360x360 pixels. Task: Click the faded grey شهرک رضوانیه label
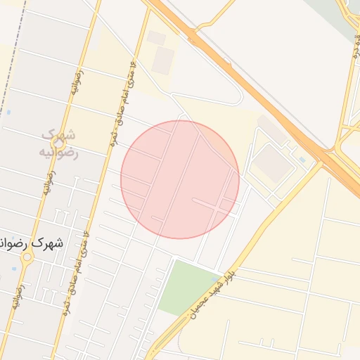[59, 143]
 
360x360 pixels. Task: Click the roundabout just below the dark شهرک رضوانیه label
[27, 257]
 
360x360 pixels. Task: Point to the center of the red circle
[180, 179]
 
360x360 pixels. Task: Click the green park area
[185, 288]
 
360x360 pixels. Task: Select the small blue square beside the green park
[213, 279]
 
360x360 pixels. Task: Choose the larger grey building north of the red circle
[163, 60]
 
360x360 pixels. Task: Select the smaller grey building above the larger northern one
[156, 37]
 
